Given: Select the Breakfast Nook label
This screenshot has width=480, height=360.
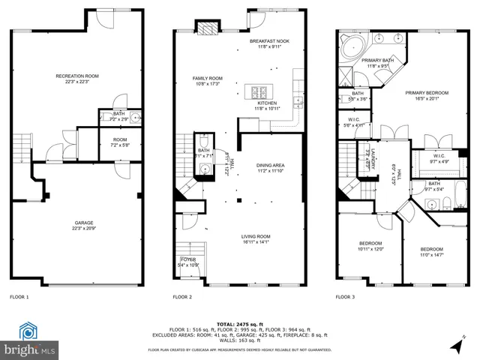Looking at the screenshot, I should pos(269,41).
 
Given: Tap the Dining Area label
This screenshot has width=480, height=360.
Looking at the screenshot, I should pos(270,166).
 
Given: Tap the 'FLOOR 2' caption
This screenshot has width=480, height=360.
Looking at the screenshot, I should pos(183,297).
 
